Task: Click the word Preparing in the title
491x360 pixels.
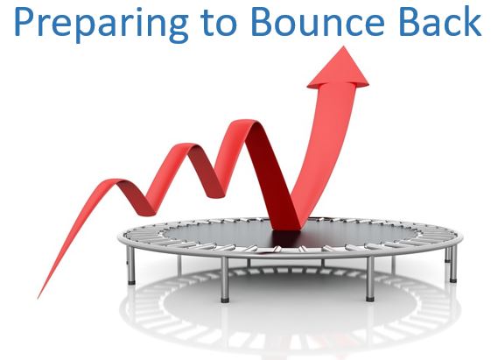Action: [102, 23]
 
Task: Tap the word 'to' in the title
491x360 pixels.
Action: [219, 21]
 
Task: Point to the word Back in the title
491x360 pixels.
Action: [440, 20]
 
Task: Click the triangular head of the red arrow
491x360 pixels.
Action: [339, 68]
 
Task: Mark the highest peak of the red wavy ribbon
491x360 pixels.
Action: [248, 122]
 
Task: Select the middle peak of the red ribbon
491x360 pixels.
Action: [185, 145]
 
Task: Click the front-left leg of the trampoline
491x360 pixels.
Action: [225, 279]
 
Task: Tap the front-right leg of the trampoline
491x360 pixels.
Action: [370, 279]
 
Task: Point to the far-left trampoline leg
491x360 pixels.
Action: [131, 265]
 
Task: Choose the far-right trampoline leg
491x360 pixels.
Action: [453, 263]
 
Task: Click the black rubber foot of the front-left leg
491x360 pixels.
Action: [225, 300]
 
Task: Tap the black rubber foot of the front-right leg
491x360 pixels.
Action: [370, 300]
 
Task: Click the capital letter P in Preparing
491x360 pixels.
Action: [24, 21]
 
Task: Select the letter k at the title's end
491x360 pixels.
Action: [473, 20]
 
